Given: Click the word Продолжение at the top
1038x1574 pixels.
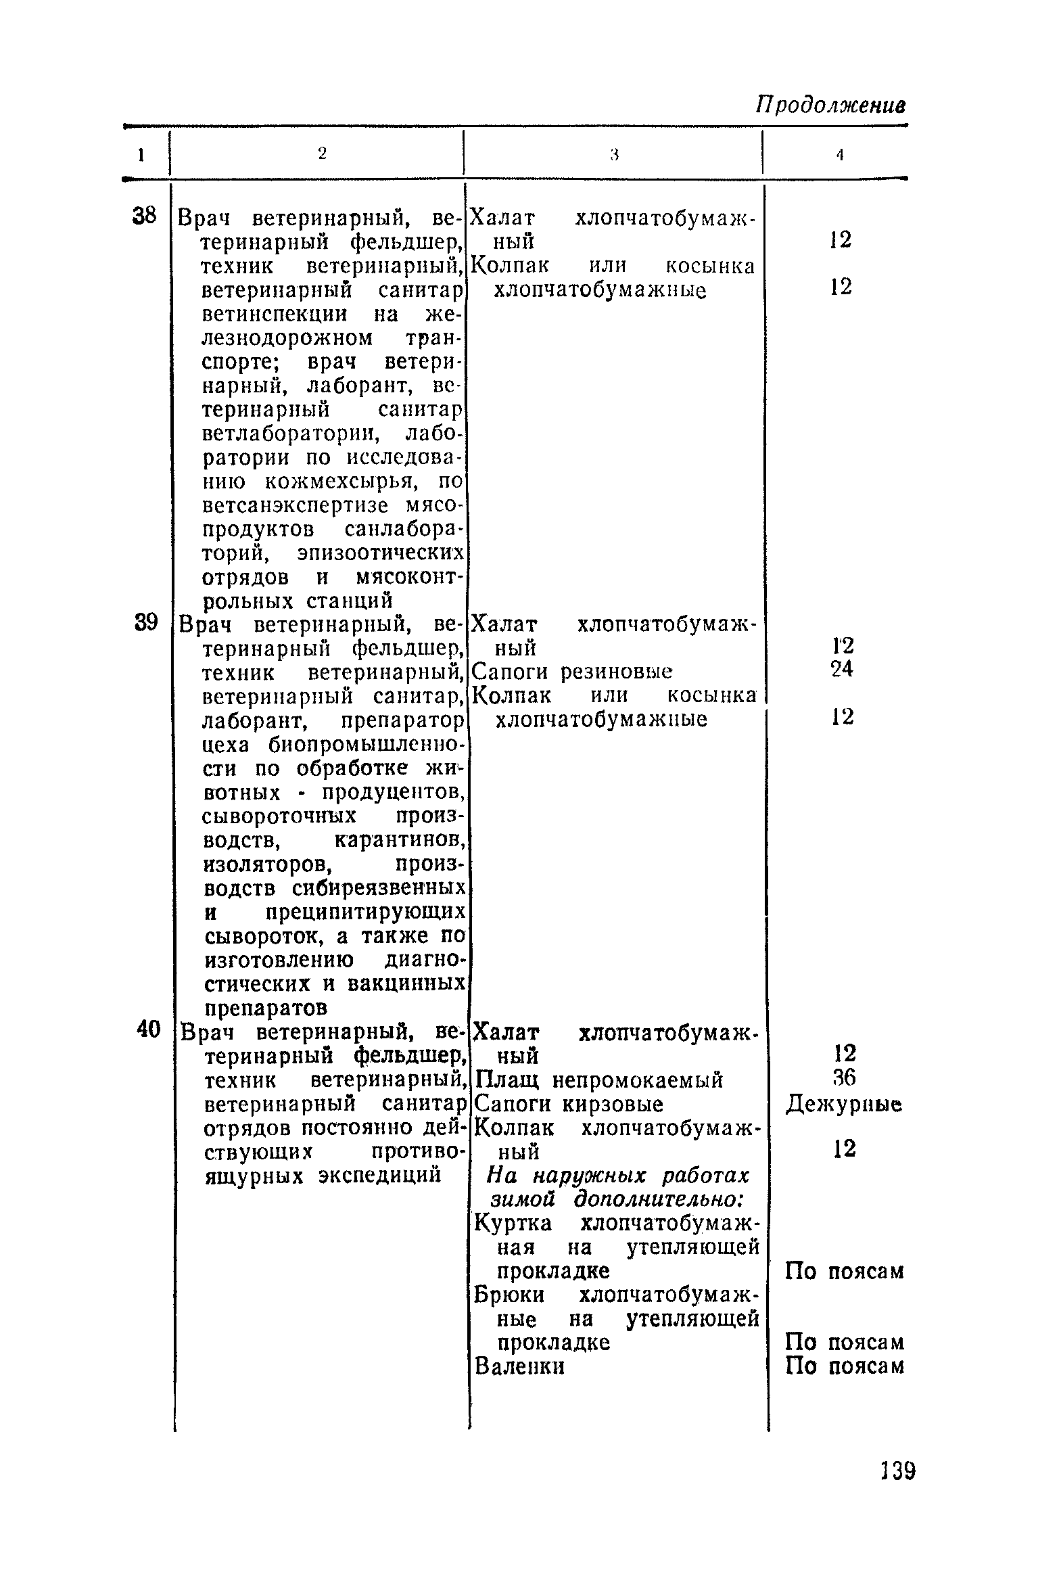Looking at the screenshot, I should point(830,106).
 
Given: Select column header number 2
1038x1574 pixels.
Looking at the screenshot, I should point(322,154).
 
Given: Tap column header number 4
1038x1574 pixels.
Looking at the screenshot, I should point(839,155).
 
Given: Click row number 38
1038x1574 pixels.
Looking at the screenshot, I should point(144,216).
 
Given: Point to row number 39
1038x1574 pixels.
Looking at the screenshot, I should point(145,622).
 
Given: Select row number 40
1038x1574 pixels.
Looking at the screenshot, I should point(148,1029).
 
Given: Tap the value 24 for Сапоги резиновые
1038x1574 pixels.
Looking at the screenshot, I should point(842,669).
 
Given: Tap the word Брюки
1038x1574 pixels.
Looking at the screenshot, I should point(509,1295).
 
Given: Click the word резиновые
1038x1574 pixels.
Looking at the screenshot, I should point(617,672).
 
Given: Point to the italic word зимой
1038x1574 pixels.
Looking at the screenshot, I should point(522,1199).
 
